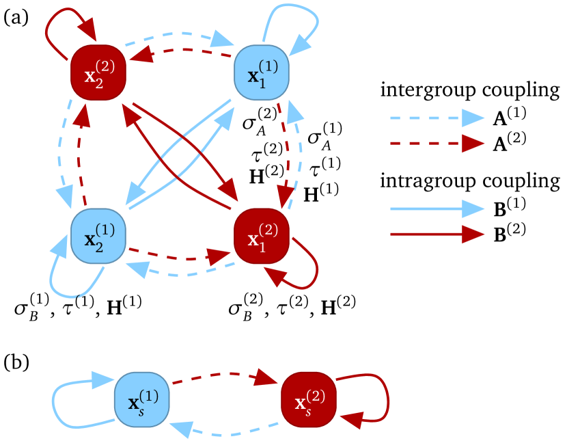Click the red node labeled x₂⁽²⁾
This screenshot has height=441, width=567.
point(98,72)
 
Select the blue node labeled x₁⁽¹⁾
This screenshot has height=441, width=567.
point(262,72)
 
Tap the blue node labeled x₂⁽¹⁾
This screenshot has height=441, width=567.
point(98,236)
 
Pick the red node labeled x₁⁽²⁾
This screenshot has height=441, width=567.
point(262,236)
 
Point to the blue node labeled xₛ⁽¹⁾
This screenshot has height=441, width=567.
point(142,399)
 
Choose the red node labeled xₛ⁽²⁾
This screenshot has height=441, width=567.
point(308,399)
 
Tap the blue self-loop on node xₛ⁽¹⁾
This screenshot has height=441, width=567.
point(57,403)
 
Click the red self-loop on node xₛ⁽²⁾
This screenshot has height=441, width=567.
point(386,397)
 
